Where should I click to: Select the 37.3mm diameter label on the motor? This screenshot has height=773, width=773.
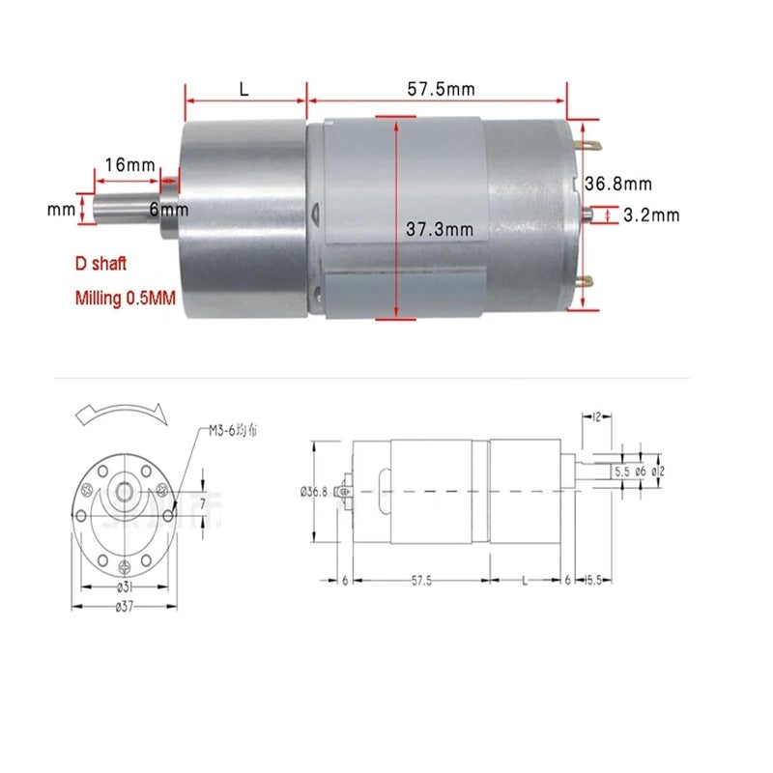click(x=439, y=229)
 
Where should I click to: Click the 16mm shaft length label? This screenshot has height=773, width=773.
click(x=129, y=165)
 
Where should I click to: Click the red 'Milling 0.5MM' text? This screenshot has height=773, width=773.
click(x=126, y=299)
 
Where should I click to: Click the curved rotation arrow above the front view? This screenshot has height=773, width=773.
click(x=121, y=414)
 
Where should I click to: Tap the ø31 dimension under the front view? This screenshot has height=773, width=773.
click(x=126, y=587)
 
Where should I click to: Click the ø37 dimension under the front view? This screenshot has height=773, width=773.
click(x=125, y=606)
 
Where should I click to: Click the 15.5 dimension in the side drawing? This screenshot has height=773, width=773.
click(x=593, y=580)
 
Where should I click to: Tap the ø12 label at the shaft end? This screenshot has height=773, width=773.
click(x=658, y=472)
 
